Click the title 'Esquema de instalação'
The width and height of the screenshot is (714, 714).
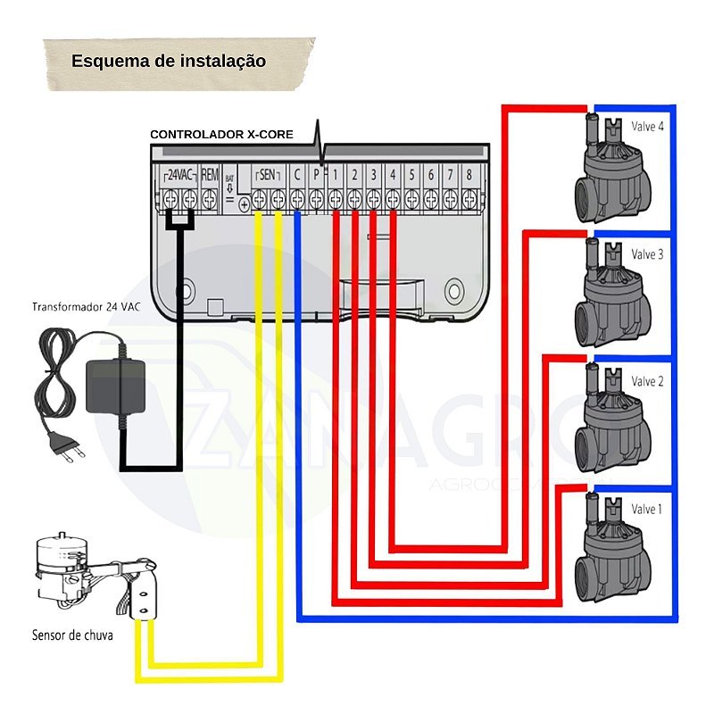(x=169, y=62)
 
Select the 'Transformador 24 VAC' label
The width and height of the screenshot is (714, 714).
(x=87, y=307)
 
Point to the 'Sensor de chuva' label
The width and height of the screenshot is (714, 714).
(x=71, y=636)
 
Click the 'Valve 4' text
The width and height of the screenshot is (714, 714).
(x=647, y=127)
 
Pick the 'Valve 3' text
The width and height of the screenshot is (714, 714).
(x=647, y=254)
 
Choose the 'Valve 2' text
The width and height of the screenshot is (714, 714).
(x=647, y=381)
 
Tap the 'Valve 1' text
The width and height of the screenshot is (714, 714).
(x=647, y=509)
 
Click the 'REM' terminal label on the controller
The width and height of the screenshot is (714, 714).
(x=210, y=175)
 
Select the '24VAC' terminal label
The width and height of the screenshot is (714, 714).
(x=181, y=175)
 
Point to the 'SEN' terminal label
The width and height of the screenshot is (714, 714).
(x=268, y=175)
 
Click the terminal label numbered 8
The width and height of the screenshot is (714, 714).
(x=469, y=175)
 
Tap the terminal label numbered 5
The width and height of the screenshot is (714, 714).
(x=411, y=175)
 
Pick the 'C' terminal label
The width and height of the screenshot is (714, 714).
(x=296, y=175)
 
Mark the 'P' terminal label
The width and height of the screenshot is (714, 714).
(x=316, y=175)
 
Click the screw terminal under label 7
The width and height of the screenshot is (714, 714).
(x=450, y=198)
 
